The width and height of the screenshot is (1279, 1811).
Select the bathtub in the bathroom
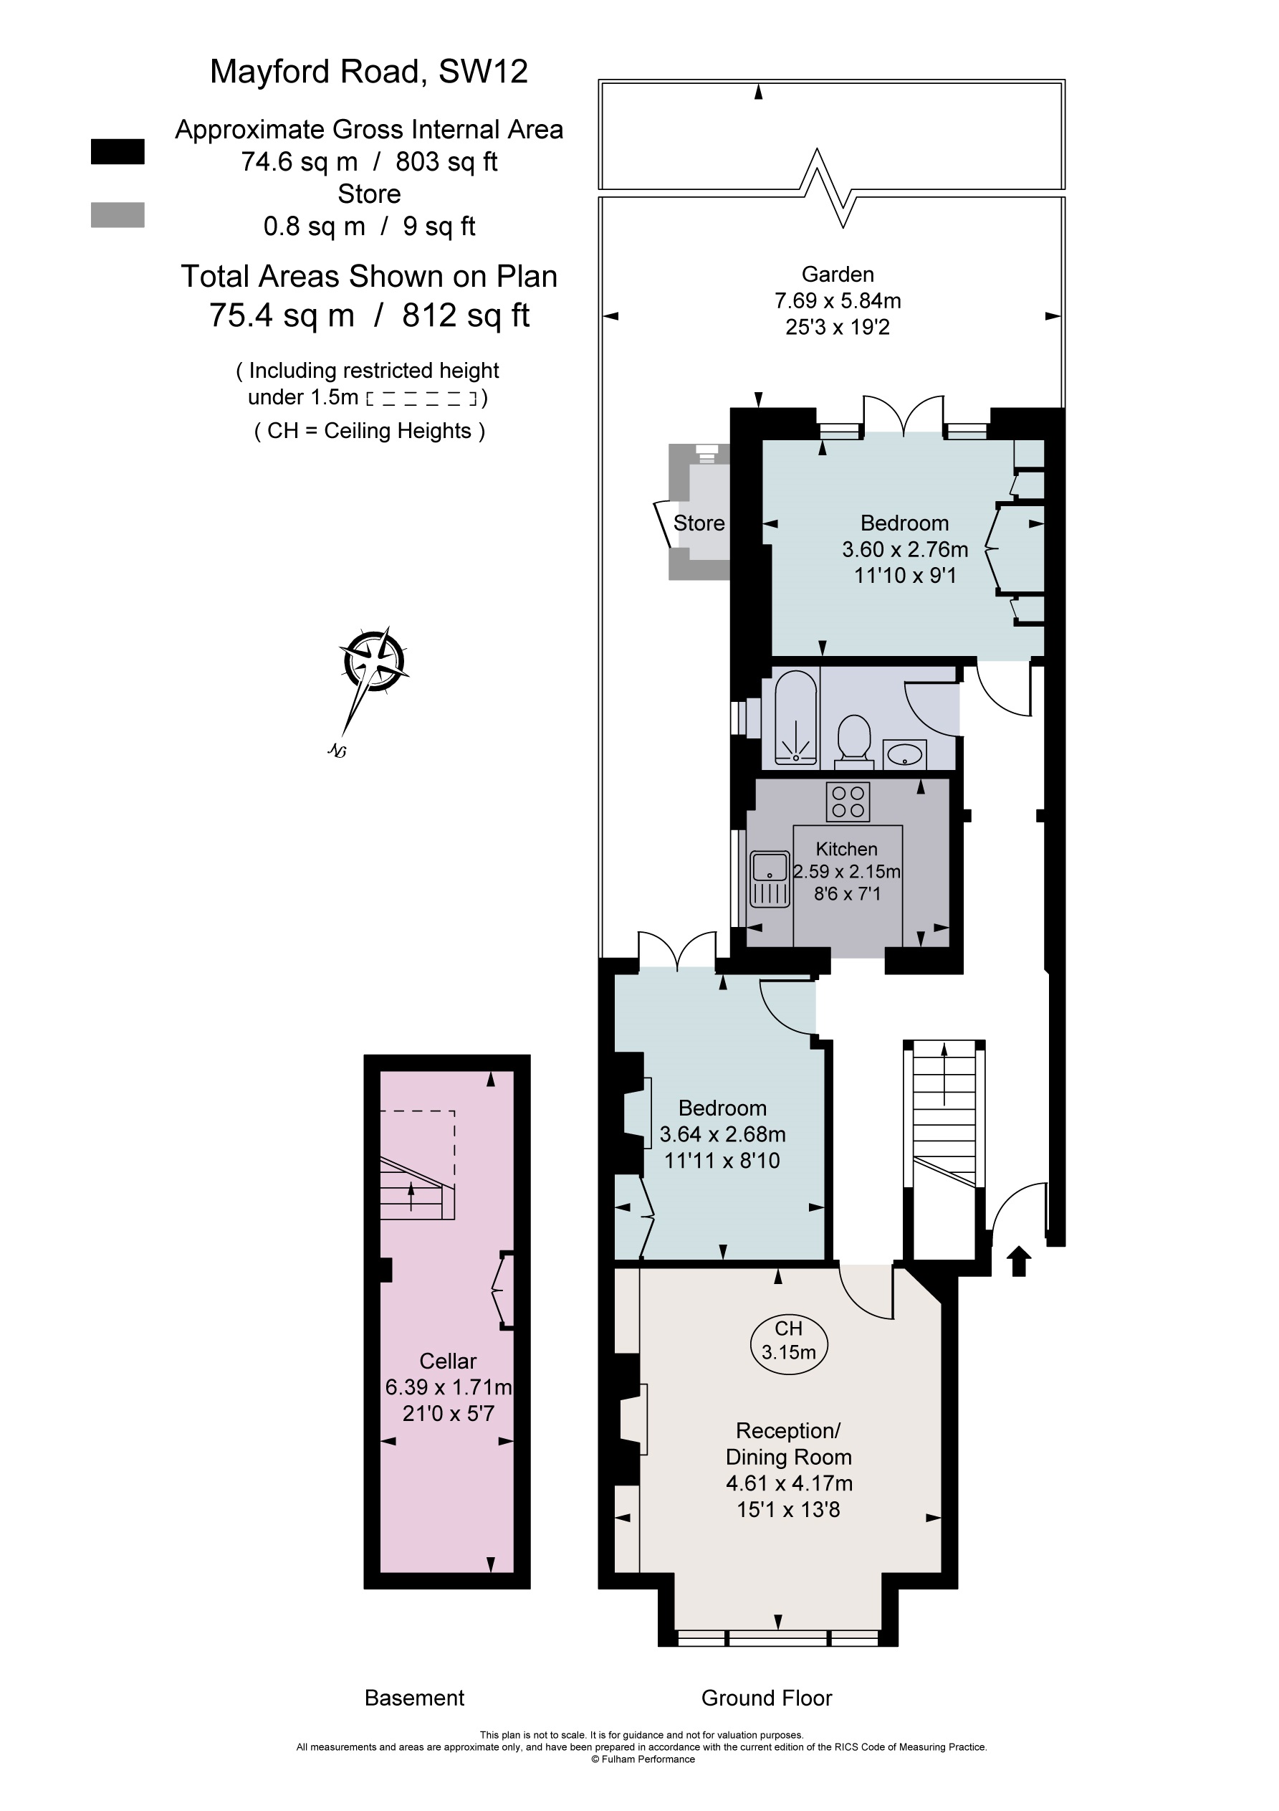click(x=795, y=718)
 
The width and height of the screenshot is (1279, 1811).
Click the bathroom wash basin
click(x=904, y=754)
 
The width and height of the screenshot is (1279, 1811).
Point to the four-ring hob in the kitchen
click(x=848, y=802)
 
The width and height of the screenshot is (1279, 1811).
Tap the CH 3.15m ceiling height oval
click(x=787, y=1340)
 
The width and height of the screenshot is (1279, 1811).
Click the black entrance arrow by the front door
click(x=1019, y=1260)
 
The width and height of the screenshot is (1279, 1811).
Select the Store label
click(x=699, y=523)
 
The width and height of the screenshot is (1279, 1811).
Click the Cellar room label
click(x=447, y=1361)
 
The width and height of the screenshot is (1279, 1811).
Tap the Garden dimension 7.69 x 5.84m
click(x=838, y=300)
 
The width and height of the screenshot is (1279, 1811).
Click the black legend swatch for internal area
click(x=118, y=151)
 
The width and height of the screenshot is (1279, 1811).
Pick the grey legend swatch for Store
click(x=118, y=214)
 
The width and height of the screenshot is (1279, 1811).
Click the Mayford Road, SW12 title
click(x=368, y=72)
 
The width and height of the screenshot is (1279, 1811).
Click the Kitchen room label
click(x=846, y=849)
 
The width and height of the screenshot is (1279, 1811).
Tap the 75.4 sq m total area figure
click(x=282, y=315)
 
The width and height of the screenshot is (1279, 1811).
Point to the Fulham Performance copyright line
click(x=643, y=1759)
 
